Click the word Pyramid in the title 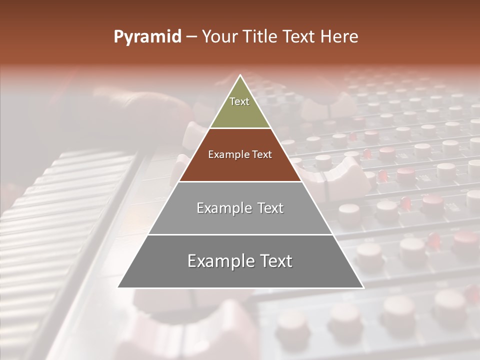[x=147, y=37]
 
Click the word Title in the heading [x=259, y=37]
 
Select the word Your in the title [x=219, y=37]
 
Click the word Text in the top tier [x=239, y=101]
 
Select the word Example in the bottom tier [x=218, y=261]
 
